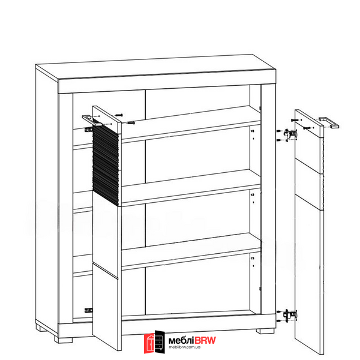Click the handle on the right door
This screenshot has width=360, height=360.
click(x=329, y=122)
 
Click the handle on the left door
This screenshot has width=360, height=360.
click(x=92, y=121)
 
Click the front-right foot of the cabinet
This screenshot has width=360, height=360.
click(x=265, y=331)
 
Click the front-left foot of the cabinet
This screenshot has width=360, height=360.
click(x=64, y=340)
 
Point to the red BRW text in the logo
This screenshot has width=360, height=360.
click(x=205, y=340)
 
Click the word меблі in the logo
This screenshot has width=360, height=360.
click(x=181, y=340)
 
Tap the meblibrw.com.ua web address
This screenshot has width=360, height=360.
click(x=185, y=347)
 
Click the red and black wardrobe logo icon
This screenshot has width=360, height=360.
click(x=154, y=342)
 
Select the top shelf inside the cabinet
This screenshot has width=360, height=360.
click(x=191, y=125)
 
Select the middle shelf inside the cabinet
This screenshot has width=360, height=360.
click(x=191, y=188)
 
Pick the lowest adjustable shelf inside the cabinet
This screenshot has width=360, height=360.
click(x=191, y=252)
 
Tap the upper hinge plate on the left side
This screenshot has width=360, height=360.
click(x=88, y=130)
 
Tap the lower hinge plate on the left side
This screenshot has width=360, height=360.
click(x=88, y=310)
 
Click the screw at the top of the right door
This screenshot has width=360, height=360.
click(x=295, y=120)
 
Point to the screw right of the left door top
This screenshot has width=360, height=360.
click(x=131, y=123)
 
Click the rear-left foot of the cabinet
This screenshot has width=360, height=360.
click(x=41, y=328)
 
